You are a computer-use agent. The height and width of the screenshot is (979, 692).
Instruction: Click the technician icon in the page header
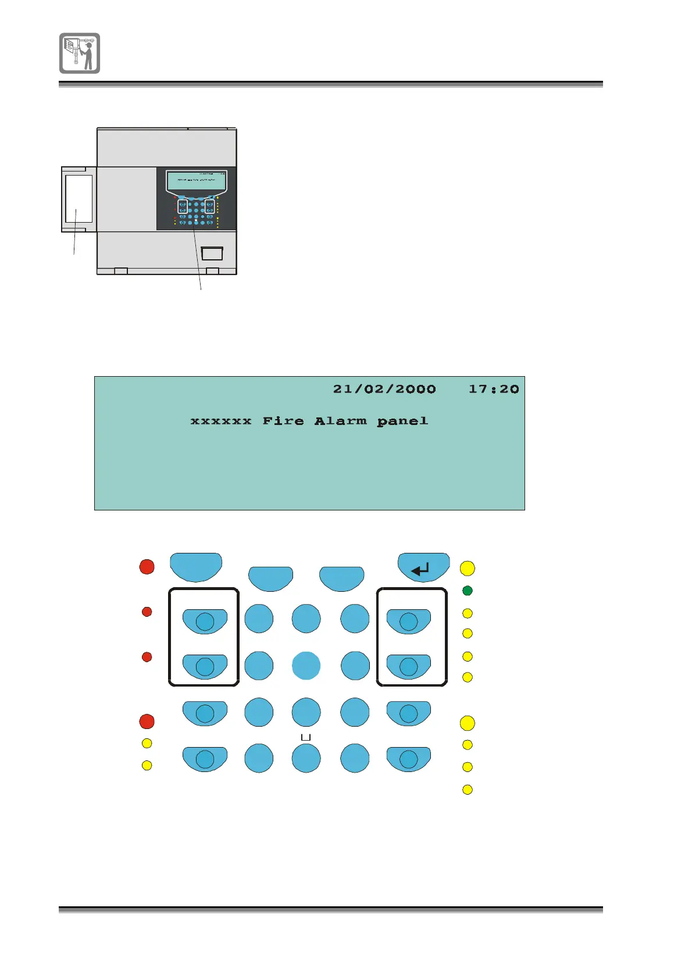pyautogui.click(x=80, y=53)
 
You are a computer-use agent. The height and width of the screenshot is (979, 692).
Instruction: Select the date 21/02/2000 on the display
pyautogui.click(x=384, y=389)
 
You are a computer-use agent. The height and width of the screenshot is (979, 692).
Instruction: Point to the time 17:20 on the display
pyautogui.click(x=494, y=389)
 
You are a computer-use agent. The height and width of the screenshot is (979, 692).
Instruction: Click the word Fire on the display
pyautogui.click(x=283, y=421)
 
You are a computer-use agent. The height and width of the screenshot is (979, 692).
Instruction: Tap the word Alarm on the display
pyautogui.click(x=340, y=421)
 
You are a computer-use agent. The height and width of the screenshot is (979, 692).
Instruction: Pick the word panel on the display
pyautogui.click(x=402, y=421)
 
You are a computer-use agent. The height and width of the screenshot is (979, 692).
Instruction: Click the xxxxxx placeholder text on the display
pyautogui.click(x=221, y=421)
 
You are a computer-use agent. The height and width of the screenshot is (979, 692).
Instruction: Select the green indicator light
pyautogui.click(x=467, y=591)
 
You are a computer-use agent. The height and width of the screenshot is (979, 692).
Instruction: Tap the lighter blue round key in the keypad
pyautogui.click(x=306, y=666)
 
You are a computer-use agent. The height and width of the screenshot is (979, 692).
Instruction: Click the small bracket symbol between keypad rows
pyautogui.click(x=306, y=737)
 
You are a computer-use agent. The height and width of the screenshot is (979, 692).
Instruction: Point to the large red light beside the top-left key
pyautogui.click(x=147, y=567)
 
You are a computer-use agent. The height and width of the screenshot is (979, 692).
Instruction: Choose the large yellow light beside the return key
pyautogui.click(x=467, y=568)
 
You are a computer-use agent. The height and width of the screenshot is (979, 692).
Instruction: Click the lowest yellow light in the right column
pyautogui.click(x=467, y=789)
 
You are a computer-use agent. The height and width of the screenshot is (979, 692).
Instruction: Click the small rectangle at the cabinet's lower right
pyautogui.click(x=212, y=253)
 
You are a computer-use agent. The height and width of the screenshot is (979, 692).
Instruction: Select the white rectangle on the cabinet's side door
pyautogui.click(x=79, y=199)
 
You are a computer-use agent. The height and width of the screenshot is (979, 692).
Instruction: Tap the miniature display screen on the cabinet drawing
pyautogui.click(x=195, y=181)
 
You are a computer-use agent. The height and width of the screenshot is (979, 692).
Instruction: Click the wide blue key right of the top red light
pyautogui.click(x=196, y=566)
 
